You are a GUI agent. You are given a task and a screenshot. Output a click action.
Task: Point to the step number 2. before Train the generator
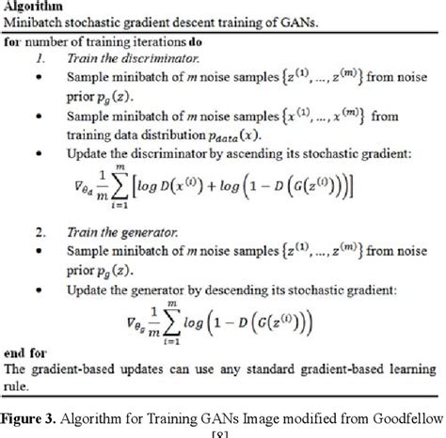(x=40, y=232)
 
